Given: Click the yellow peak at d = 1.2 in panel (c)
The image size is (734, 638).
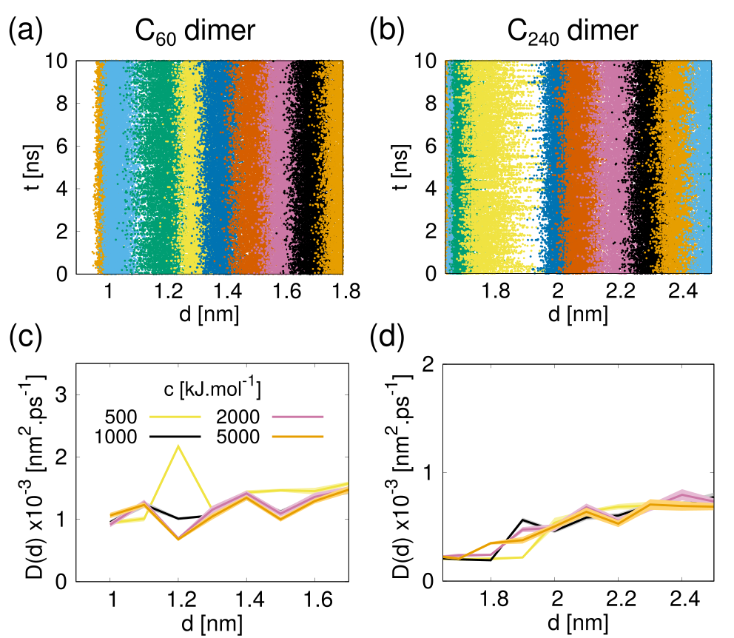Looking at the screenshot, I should (178, 446).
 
